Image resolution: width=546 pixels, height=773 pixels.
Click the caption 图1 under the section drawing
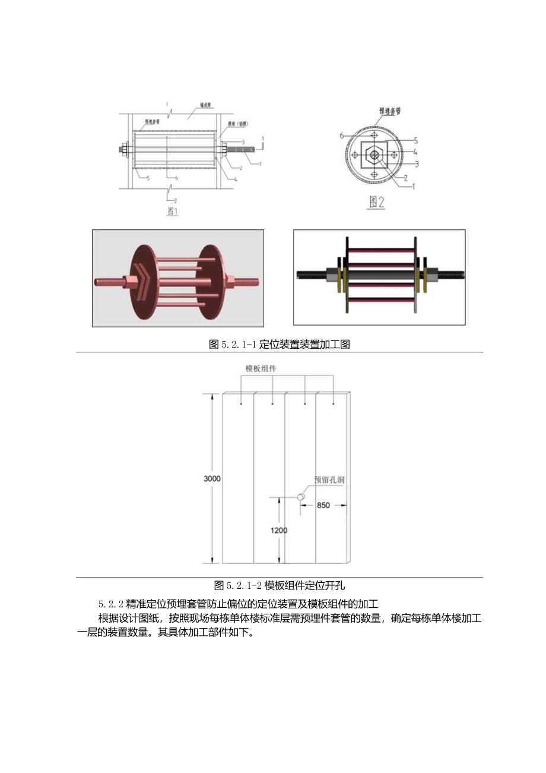coord(172,211)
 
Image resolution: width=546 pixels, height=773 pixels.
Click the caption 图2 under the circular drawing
coord(376,202)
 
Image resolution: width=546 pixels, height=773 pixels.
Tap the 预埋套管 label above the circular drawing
coord(389,111)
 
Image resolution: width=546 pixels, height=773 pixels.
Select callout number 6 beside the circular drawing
coord(342,135)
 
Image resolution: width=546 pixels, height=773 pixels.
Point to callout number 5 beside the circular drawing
coord(415,141)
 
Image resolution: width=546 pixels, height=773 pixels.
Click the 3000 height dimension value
coord(212,478)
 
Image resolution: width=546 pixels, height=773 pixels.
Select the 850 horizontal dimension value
coord(323,505)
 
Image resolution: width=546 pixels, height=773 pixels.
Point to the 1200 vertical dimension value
coord(279,530)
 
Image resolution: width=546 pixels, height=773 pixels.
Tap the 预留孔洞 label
coord(329,479)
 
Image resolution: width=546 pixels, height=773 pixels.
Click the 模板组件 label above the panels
coord(261,368)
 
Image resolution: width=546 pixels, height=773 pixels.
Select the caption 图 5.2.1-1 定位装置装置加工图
coord(279,344)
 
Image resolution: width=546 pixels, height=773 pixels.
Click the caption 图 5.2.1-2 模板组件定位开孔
coord(279,585)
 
